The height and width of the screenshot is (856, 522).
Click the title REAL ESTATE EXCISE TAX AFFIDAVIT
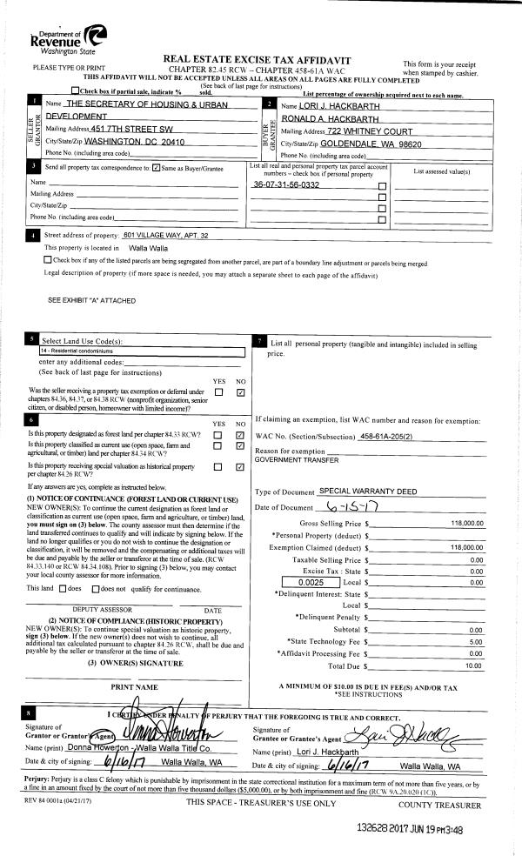261,57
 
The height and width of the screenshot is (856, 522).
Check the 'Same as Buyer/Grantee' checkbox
156,168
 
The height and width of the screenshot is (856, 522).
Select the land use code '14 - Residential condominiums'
80,351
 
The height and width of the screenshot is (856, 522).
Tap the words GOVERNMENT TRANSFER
292,458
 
